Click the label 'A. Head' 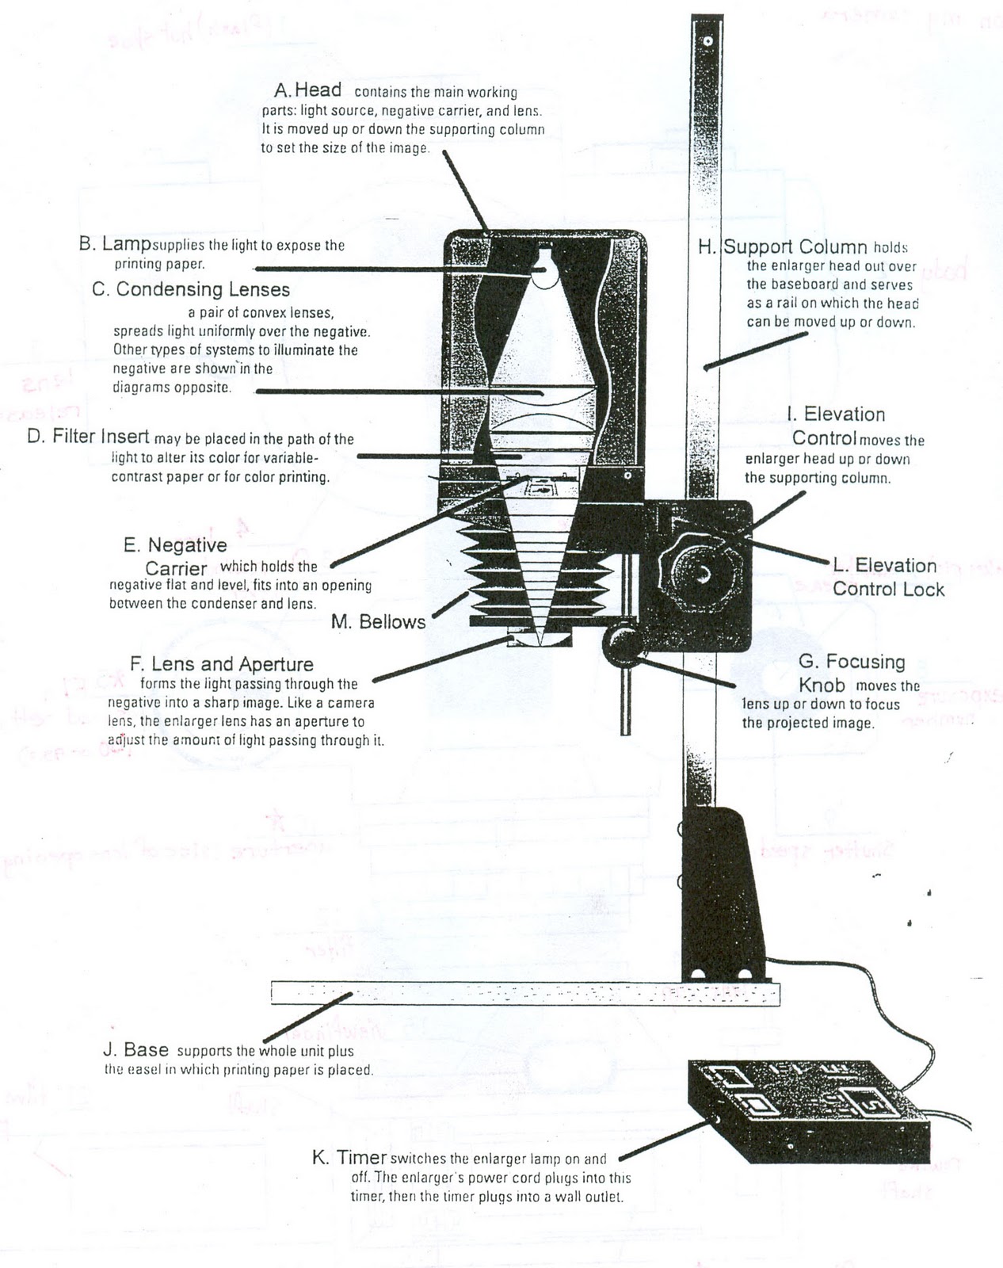(307, 90)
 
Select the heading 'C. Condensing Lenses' (191, 289)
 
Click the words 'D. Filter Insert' (88, 437)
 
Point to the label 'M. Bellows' (378, 622)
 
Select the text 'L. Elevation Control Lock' (887, 577)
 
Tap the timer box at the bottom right (808, 1109)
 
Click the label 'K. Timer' (349, 1158)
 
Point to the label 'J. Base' (135, 1050)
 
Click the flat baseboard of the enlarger (523, 992)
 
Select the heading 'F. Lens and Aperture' (221, 664)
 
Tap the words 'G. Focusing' (852, 662)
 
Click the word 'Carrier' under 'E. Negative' (176, 568)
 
